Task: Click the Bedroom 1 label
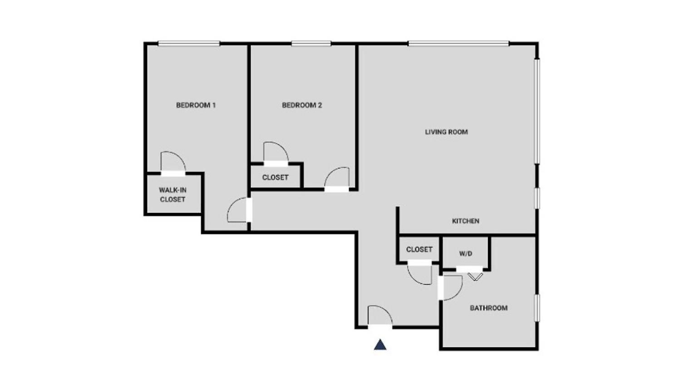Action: coord(196,105)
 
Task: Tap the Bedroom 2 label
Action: coord(302,105)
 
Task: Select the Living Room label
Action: coord(446,132)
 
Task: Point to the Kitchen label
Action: coord(465,221)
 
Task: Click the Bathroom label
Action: coord(488,308)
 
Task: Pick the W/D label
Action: coord(465,254)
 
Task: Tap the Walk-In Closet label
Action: coord(172,195)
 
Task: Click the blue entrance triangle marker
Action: coord(380,345)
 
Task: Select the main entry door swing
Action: coord(380,315)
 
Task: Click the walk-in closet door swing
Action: coord(173,161)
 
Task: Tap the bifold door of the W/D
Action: coord(475,276)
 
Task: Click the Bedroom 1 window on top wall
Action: coord(189,44)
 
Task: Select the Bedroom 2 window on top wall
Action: coord(311,44)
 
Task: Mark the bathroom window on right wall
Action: coord(537,308)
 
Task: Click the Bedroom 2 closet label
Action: coord(275,178)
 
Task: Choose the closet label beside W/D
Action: coord(419,250)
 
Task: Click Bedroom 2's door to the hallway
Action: coord(337,177)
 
